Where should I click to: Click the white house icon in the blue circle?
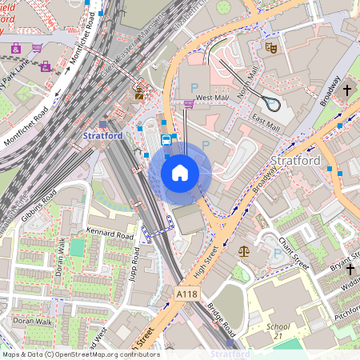[180, 173]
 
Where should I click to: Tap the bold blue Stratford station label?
[103, 136]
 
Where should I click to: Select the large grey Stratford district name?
[296, 161]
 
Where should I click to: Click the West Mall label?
[211, 98]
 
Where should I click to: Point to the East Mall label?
[266, 122]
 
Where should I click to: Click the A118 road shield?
[186, 295]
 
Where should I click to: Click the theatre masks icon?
[271, 48]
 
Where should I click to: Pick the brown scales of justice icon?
[243, 250]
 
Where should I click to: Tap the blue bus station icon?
[166, 140]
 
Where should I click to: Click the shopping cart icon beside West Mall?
[189, 103]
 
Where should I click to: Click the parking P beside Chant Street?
[278, 254]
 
